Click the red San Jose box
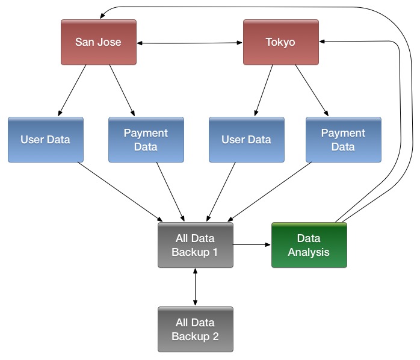[x=98, y=42]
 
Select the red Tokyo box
[x=280, y=42]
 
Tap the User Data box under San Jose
[x=45, y=140]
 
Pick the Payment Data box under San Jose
[x=146, y=140]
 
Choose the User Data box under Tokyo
[x=246, y=140]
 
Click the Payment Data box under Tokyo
[x=343, y=140]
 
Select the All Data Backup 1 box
[x=195, y=245]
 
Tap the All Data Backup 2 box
[x=195, y=329]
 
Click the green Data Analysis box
[x=309, y=245]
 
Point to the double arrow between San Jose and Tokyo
[x=190, y=43]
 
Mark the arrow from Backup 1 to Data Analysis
[x=252, y=245]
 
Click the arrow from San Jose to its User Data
[x=73, y=90]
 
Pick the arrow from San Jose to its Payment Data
[x=122, y=90]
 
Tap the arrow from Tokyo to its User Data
[x=264, y=90]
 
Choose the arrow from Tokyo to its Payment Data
[x=311, y=90]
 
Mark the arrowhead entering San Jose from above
[x=102, y=15]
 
